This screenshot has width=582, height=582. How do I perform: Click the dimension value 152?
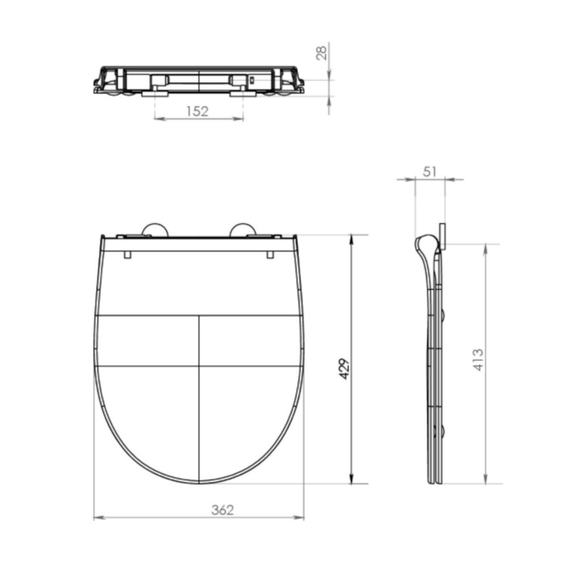tap(197, 111)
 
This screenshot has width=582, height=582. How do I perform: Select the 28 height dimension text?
tap(321, 53)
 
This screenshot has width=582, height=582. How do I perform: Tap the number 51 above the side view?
tap(430, 171)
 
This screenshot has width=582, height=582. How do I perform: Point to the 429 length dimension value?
tap(345, 368)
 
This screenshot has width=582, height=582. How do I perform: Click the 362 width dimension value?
tap(222, 510)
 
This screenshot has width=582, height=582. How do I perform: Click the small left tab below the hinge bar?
tap(127, 255)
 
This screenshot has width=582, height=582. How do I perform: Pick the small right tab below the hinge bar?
tap(270, 255)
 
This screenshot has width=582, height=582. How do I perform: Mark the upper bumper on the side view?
tap(442, 315)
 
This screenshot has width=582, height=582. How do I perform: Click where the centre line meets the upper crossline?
tap(199, 316)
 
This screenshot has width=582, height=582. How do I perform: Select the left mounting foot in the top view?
tap(155, 94)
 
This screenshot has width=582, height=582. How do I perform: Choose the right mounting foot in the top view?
tap(242, 94)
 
